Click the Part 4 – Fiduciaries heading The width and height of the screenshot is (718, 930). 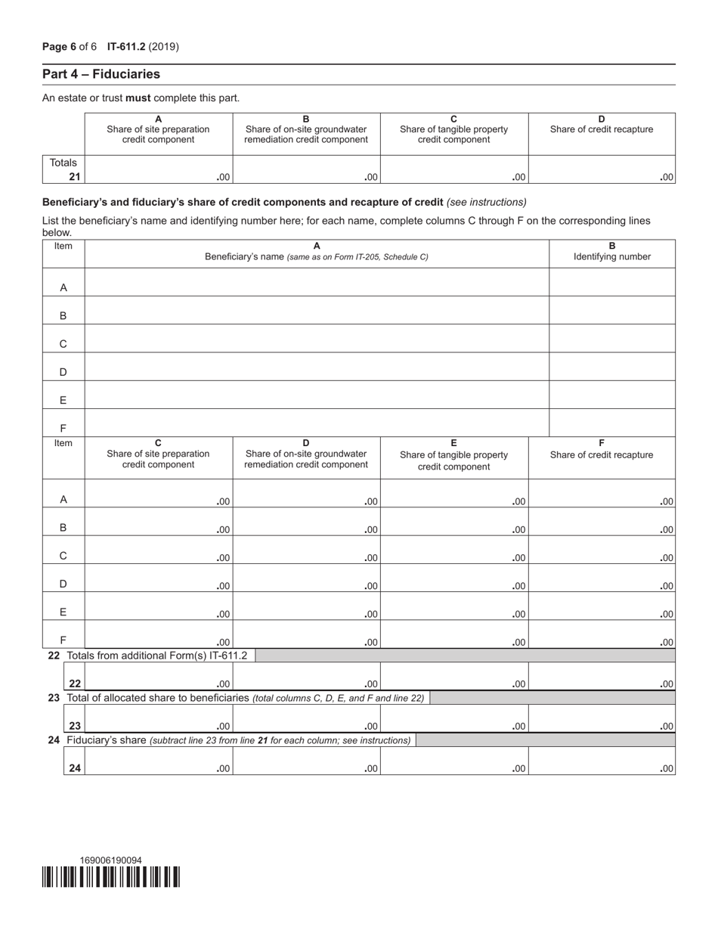tap(101, 74)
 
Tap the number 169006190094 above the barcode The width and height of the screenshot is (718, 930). tap(110, 860)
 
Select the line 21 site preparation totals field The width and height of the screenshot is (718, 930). tap(159, 170)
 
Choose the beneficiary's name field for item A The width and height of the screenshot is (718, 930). tap(317, 282)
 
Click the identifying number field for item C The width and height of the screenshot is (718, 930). tap(611, 339)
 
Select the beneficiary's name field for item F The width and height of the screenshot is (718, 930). tap(317, 423)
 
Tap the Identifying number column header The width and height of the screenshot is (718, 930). tap(611, 256)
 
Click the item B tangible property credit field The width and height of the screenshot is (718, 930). tap(453, 522)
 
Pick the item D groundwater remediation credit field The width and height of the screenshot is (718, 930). tap(306, 578)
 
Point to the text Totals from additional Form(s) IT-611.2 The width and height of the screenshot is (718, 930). tap(156, 656)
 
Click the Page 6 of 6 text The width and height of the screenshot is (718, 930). tap(70, 47)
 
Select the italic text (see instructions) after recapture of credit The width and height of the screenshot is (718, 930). tap(486, 203)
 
